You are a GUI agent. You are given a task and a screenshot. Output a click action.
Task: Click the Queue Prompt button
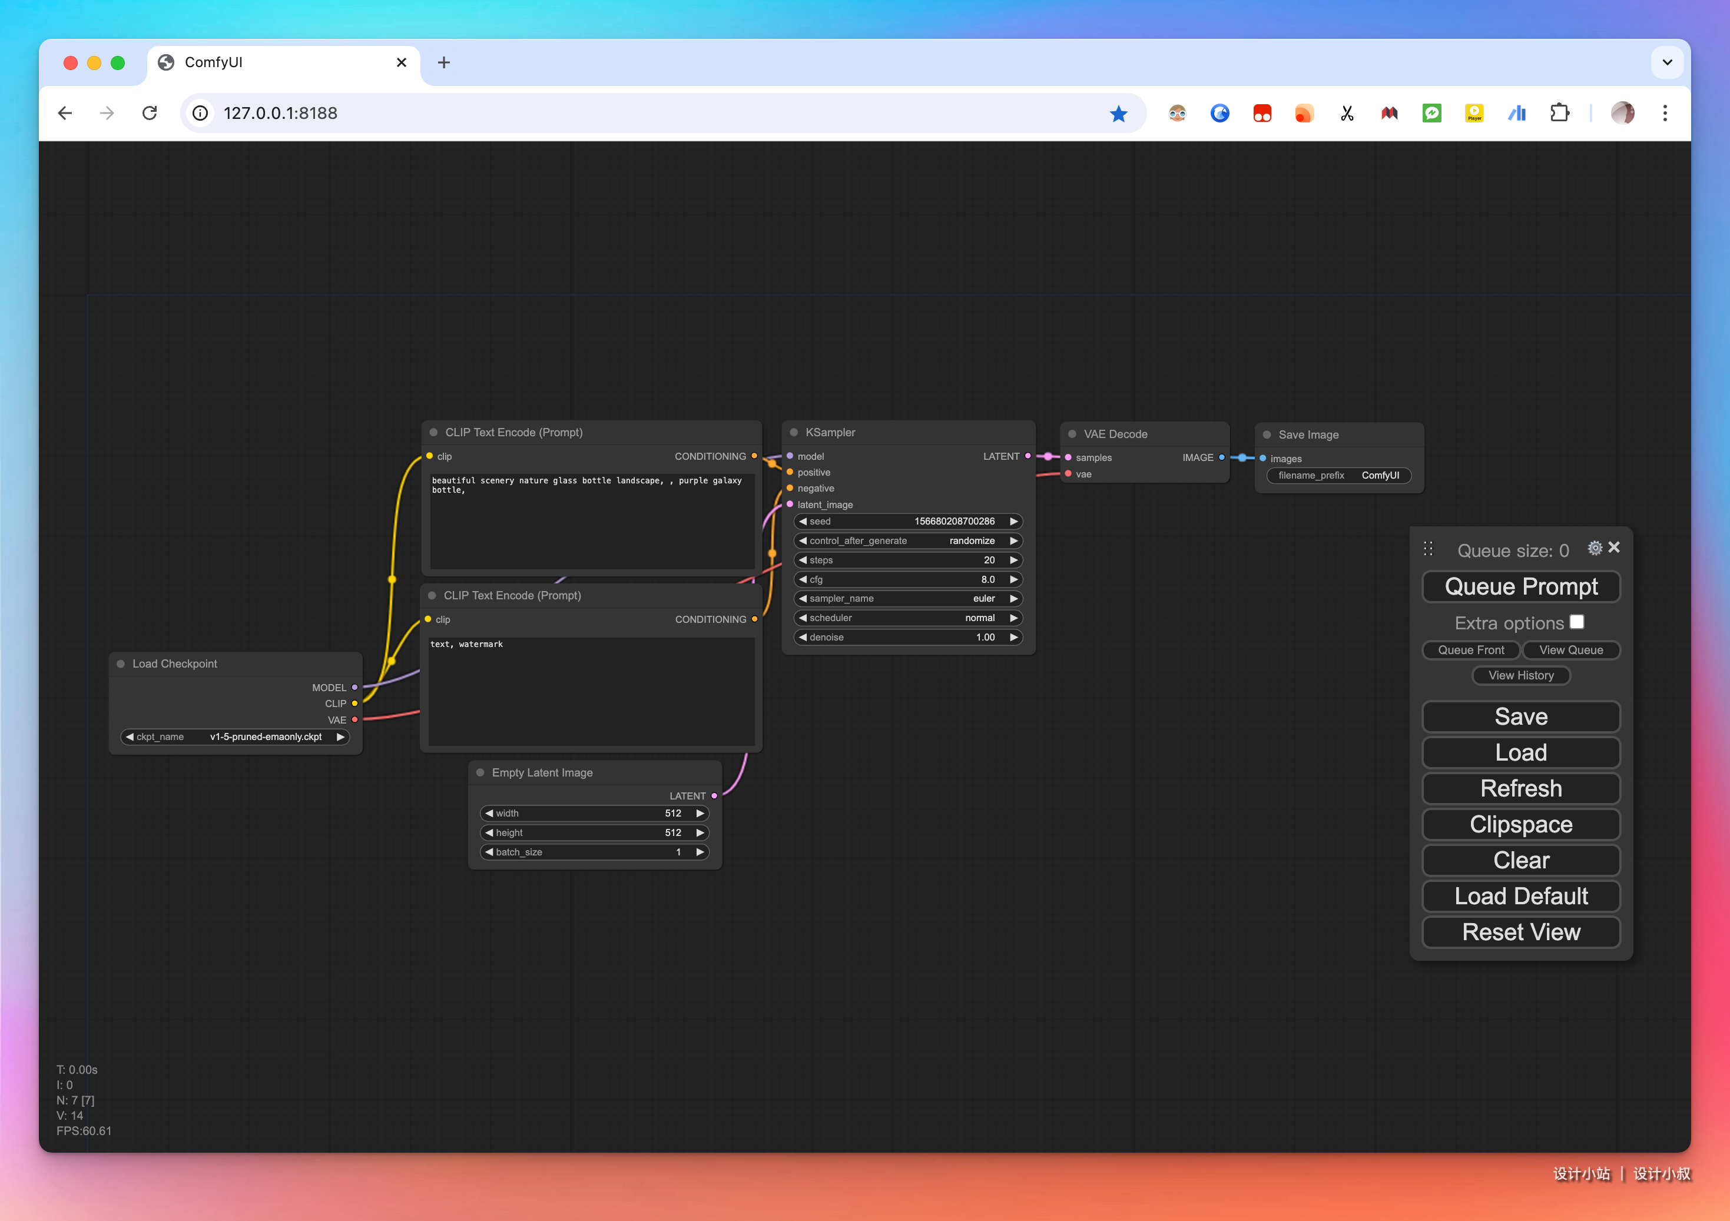click(1520, 587)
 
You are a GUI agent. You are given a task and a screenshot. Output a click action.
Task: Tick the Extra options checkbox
click(1576, 622)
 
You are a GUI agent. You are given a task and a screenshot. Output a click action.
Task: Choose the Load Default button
click(1520, 897)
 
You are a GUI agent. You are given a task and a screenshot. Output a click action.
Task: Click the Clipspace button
click(1520, 825)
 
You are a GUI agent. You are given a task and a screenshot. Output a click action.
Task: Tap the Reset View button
click(1520, 933)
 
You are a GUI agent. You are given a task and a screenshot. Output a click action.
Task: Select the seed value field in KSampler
click(908, 521)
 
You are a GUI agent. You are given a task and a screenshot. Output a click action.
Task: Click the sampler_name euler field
click(908, 599)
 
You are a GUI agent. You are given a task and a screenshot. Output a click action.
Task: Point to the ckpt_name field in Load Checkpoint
click(235, 736)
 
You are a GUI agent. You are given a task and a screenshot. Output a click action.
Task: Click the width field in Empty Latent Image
click(595, 814)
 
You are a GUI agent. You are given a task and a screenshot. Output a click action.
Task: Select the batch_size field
click(595, 852)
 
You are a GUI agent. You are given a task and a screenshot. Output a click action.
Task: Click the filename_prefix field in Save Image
click(1339, 475)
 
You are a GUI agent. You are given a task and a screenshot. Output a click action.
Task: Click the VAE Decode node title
click(1115, 434)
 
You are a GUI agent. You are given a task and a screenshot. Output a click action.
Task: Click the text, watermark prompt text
click(466, 644)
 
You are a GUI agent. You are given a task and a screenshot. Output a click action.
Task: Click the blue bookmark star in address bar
click(1118, 113)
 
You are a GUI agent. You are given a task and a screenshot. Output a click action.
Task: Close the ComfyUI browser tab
click(402, 62)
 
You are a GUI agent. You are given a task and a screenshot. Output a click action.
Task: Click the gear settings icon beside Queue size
click(1595, 548)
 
